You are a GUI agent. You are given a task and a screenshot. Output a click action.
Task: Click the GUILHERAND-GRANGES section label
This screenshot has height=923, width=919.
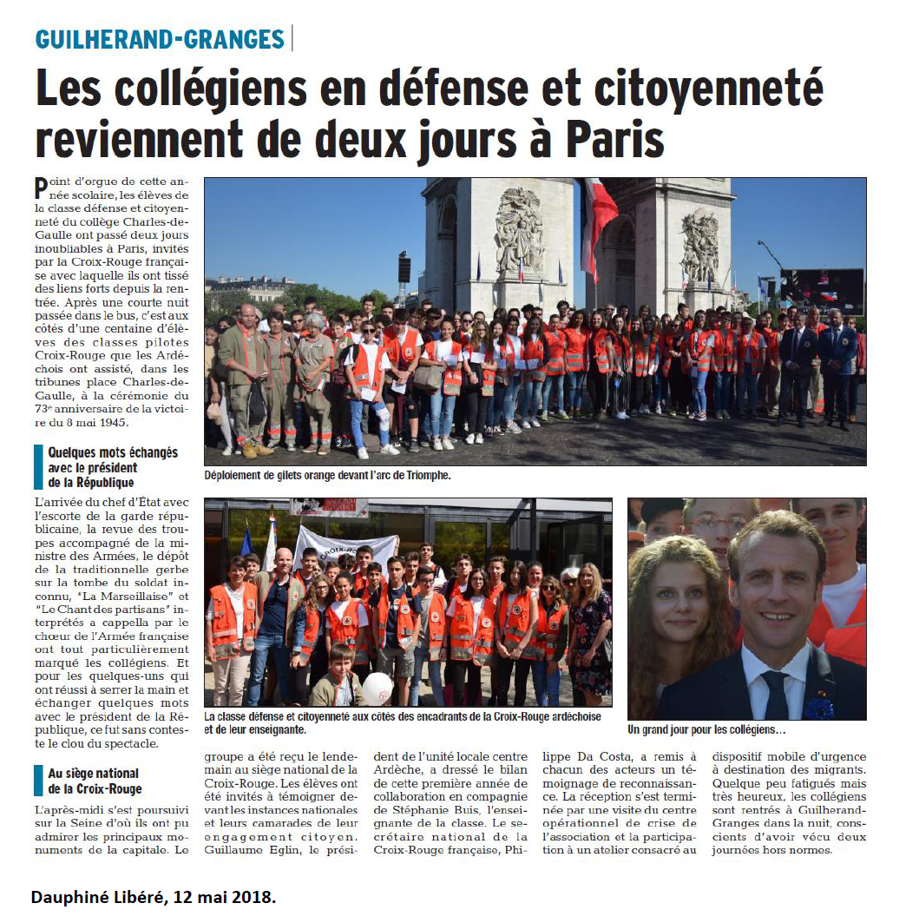coord(160,39)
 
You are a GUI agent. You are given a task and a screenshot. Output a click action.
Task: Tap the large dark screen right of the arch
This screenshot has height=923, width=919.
coord(822,290)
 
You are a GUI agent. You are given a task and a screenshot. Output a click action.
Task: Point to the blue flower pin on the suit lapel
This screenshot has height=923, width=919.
coord(817,708)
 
